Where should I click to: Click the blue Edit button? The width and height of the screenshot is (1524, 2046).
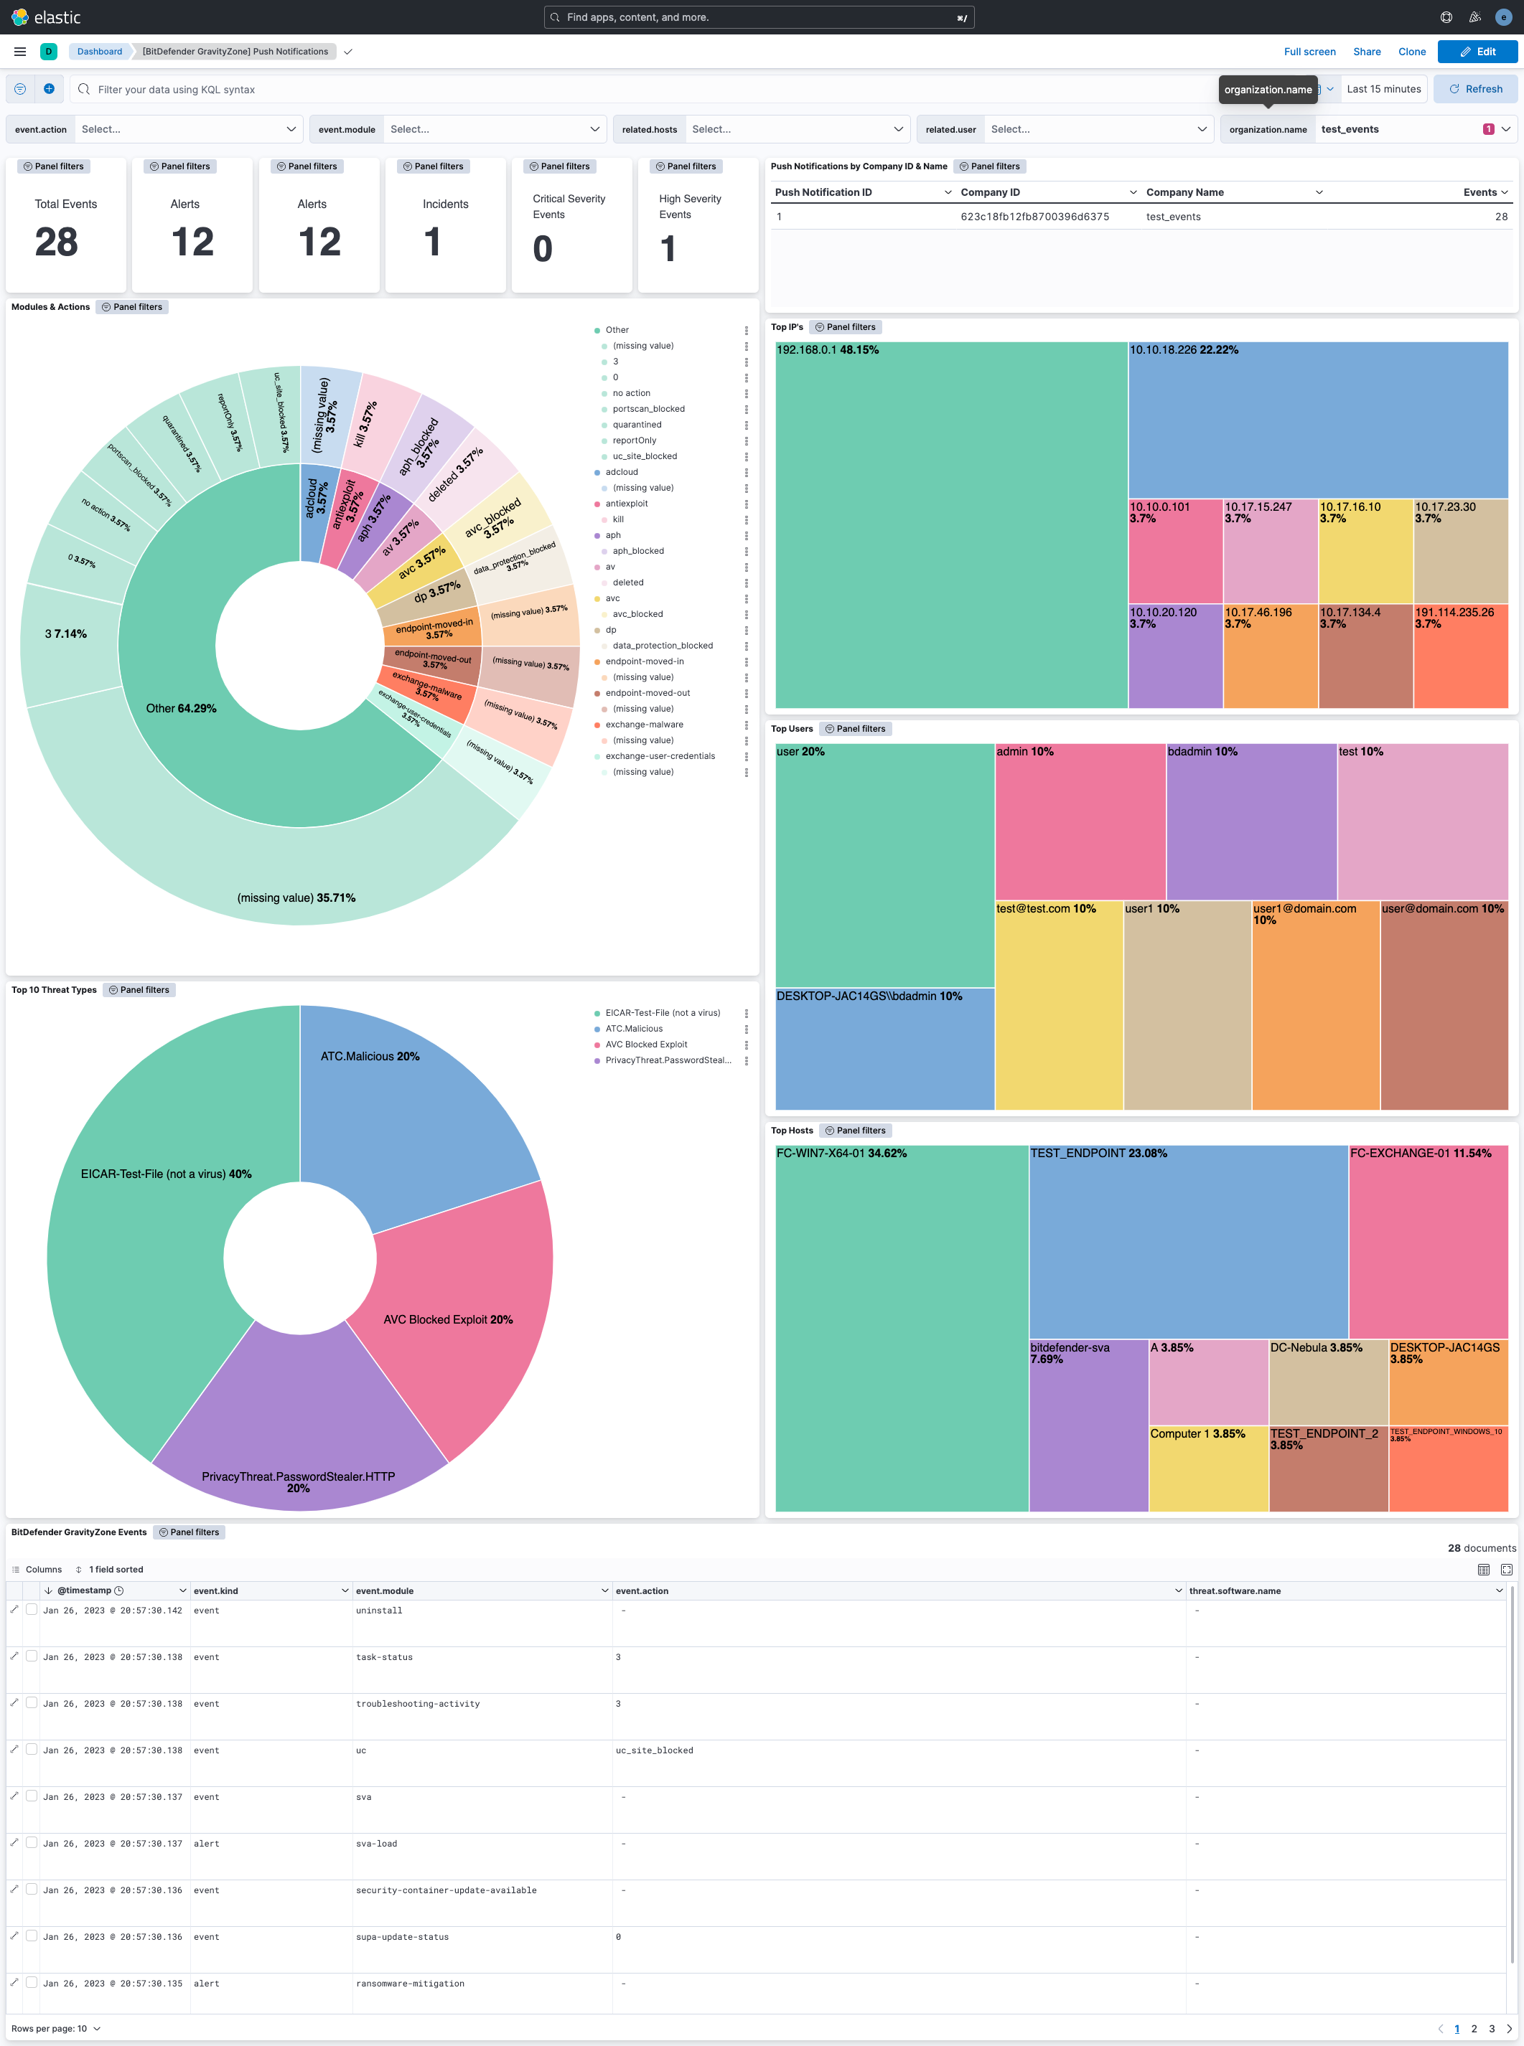click(1477, 52)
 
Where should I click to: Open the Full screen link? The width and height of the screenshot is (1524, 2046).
click(1309, 52)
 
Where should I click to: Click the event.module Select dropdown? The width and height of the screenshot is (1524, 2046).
click(494, 129)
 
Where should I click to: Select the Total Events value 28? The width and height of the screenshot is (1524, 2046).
click(56, 242)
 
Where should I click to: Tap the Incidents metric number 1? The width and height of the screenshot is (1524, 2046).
click(431, 242)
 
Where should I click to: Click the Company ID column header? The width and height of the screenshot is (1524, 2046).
click(990, 192)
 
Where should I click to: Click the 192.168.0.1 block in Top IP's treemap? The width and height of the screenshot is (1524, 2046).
click(950, 526)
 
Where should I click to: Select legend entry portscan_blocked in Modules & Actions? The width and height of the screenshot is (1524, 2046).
click(648, 408)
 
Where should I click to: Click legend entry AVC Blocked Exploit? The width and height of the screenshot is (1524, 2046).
click(646, 1045)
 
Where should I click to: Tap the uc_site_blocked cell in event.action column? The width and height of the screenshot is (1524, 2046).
click(654, 1750)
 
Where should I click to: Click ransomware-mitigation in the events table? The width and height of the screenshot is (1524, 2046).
click(410, 1984)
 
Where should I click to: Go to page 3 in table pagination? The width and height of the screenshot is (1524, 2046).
click(1491, 2029)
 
